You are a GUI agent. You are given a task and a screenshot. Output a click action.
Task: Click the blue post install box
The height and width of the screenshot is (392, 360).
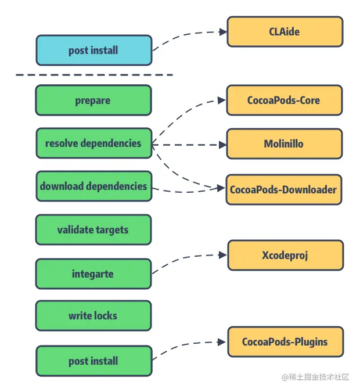[x=93, y=51]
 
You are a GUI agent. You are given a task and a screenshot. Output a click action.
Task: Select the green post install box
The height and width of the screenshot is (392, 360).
[x=93, y=361]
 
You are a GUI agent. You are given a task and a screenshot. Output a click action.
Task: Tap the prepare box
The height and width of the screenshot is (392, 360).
[x=93, y=100]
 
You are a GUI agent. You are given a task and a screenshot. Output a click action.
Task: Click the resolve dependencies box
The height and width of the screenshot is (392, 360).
[x=93, y=143]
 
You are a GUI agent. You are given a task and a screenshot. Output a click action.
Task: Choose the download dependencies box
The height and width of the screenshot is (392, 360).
[x=93, y=186]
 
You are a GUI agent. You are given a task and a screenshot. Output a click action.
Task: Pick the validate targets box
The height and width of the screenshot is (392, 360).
[x=93, y=230]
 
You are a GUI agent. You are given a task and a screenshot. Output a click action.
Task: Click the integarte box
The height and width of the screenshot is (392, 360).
[x=93, y=274]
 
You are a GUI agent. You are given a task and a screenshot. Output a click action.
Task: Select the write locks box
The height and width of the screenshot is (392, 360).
[x=93, y=316]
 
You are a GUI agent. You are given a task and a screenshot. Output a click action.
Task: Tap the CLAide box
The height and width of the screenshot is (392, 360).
[x=285, y=31]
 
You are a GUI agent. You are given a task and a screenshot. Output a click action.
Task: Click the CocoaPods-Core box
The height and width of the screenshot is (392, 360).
[x=284, y=100]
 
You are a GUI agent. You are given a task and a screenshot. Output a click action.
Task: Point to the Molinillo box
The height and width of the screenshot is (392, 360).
[x=284, y=144]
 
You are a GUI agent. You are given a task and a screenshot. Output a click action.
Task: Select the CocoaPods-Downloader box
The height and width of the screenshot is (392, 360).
[x=284, y=189]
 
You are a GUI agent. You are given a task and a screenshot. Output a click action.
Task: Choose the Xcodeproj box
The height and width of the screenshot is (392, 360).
[x=285, y=256]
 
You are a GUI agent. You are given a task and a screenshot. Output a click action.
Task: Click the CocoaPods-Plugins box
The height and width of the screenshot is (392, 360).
[x=285, y=342]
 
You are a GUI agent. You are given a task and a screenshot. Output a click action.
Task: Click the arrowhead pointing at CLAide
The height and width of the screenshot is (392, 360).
[x=223, y=32]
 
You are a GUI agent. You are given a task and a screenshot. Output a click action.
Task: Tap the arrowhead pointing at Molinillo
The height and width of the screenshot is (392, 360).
[x=222, y=144]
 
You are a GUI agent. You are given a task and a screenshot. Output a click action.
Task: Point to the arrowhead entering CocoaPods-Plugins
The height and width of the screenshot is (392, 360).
[x=222, y=343]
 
